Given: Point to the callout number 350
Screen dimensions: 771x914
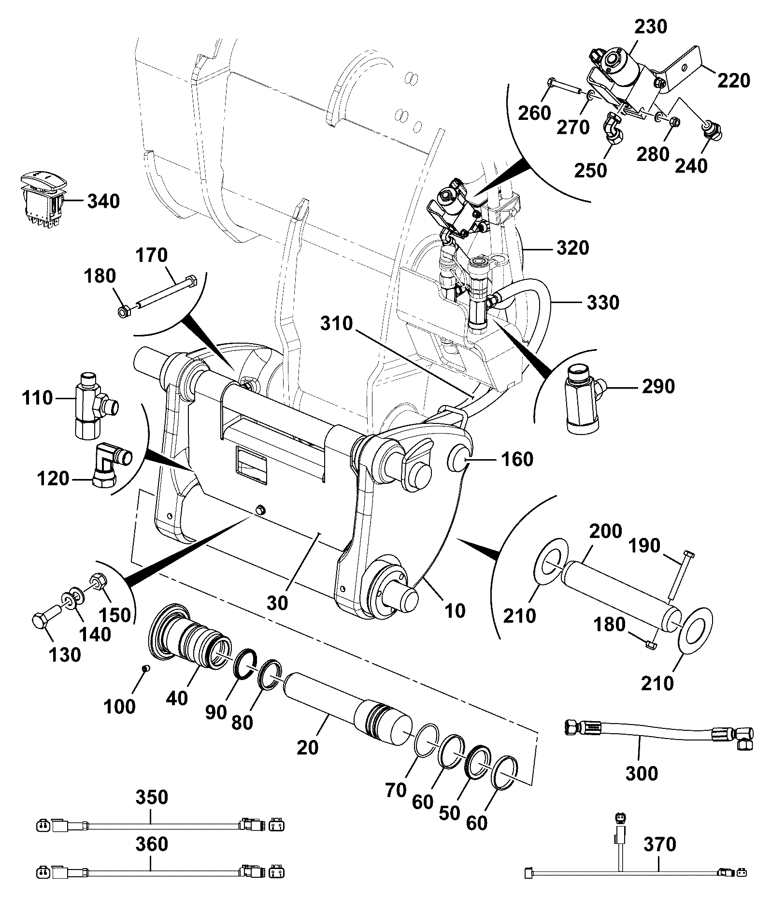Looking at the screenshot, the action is click(152, 797).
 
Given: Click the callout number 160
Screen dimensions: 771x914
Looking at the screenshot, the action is click(517, 459).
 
